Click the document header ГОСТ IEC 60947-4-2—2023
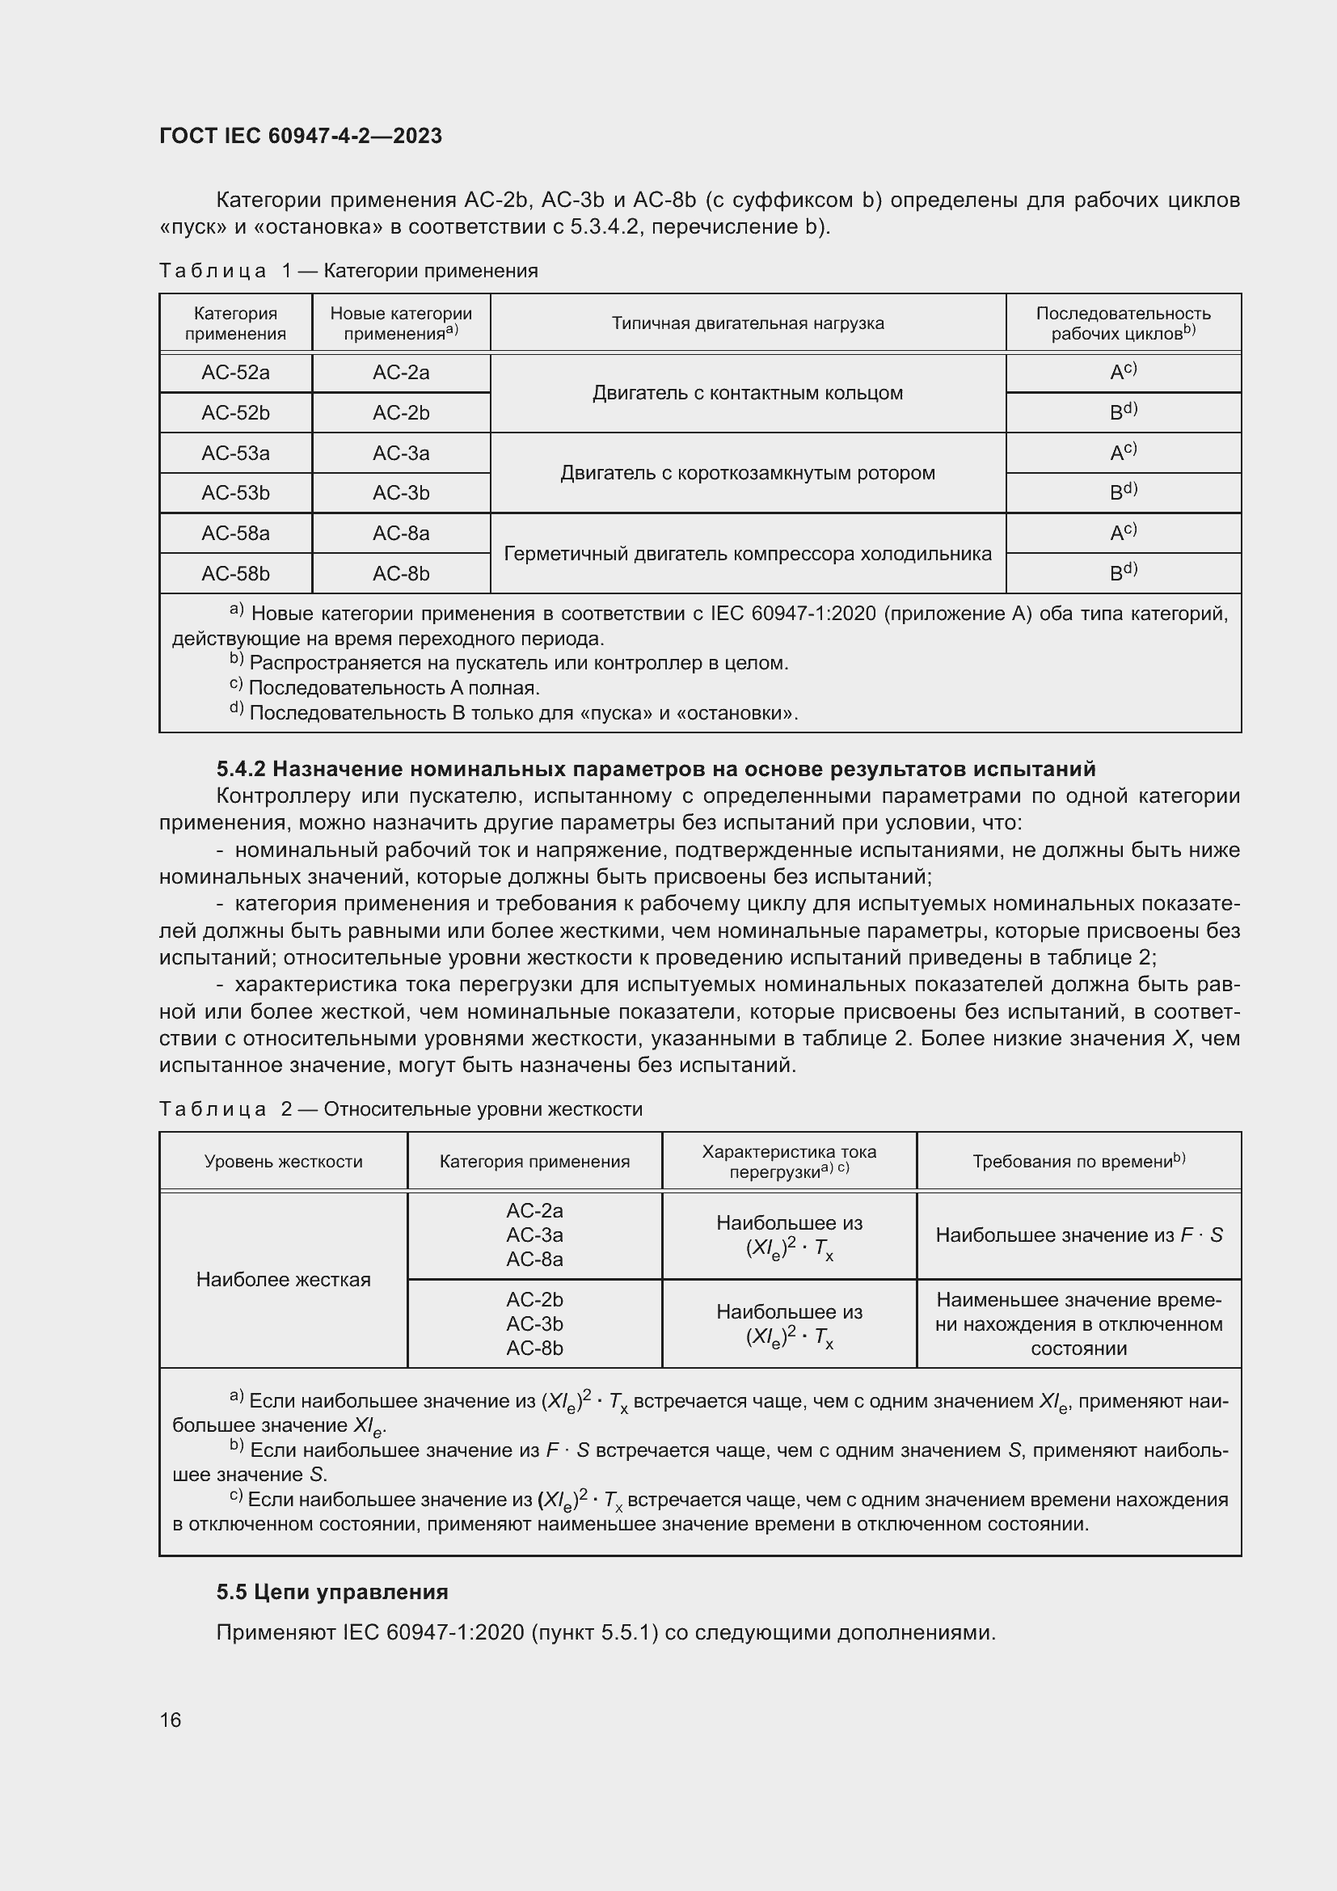[x=301, y=136]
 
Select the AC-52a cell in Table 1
[x=235, y=373]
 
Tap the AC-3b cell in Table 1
[x=401, y=493]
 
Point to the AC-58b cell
[x=235, y=574]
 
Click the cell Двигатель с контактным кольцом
[x=748, y=393]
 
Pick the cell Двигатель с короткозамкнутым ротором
[x=748, y=474]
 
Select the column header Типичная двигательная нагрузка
[x=748, y=323]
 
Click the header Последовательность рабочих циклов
[x=1123, y=323]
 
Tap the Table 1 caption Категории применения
[x=431, y=271]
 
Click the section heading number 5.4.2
[x=240, y=769]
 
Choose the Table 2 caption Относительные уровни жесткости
[x=483, y=1109]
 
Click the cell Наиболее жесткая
[x=283, y=1279]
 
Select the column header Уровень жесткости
[x=283, y=1161]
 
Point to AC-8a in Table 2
[x=534, y=1260]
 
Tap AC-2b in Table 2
[x=534, y=1300]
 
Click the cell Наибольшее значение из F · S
[x=1078, y=1235]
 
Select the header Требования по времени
[x=1078, y=1161]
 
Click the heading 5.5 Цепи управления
[x=332, y=1592]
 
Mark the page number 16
[x=171, y=1720]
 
